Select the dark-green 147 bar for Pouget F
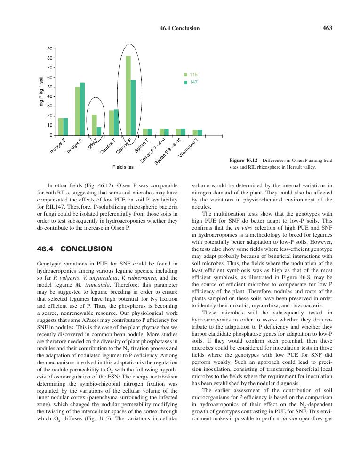[x=82, y=109]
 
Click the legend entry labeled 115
[x=190, y=75]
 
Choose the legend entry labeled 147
[x=190, y=82]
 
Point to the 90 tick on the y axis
[x=49, y=49]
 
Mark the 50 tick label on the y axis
[x=49, y=87]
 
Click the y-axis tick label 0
[x=51, y=135]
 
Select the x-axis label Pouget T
[x=58, y=146]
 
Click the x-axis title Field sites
[x=123, y=167]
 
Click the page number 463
[x=328, y=28]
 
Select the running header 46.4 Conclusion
[x=180, y=28]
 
